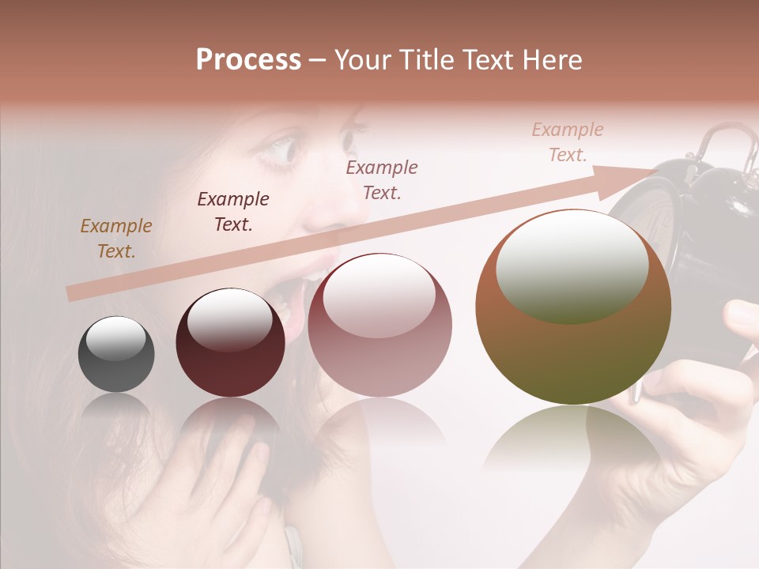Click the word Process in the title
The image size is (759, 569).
click(x=248, y=60)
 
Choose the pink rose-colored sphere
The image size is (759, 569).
click(x=379, y=356)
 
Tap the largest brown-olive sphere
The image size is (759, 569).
click(x=573, y=356)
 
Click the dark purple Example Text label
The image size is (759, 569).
click(x=233, y=212)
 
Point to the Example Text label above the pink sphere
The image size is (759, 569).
click(x=382, y=179)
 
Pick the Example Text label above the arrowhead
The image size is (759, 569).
click(x=567, y=142)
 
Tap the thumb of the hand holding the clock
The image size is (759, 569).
click(x=739, y=316)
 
